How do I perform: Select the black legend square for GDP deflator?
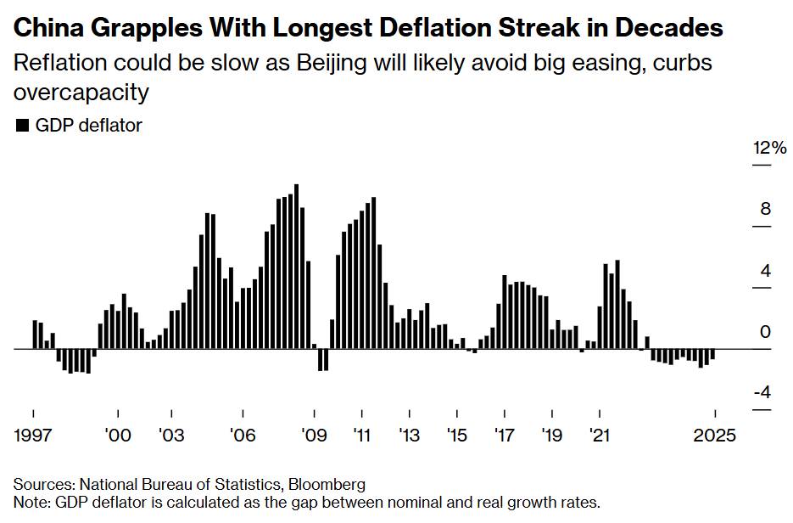pyautogui.click(x=22, y=126)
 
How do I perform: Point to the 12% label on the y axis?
pyautogui.click(x=770, y=149)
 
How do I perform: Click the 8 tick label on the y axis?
pyautogui.click(x=766, y=210)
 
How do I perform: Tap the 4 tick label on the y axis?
pyautogui.click(x=766, y=272)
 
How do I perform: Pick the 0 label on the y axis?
pyautogui.click(x=766, y=333)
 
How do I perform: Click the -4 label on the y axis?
pyautogui.click(x=762, y=393)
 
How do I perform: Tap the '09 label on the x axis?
pyautogui.click(x=314, y=435)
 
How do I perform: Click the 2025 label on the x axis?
pyautogui.click(x=716, y=435)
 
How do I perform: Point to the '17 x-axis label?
pyautogui.click(x=505, y=435)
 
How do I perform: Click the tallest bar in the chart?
pyautogui.click(x=296, y=266)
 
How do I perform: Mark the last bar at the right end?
pyautogui.click(x=712, y=354)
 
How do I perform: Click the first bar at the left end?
pyautogui.click(x=34, y=334)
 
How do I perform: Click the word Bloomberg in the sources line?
pyautogui.click(x=327, y=485)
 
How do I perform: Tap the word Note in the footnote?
pyautogui.click(x=30, y=503)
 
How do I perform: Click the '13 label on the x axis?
pyautogui.click(x=409, y=435)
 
